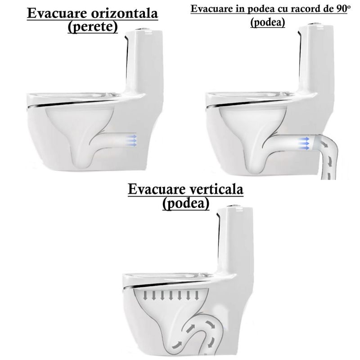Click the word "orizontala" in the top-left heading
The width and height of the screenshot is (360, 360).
point(125,13)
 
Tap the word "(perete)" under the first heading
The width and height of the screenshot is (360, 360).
point(93,27)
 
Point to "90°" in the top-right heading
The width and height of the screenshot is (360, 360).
point(342,9)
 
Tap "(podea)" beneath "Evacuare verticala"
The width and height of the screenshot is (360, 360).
point(186,203)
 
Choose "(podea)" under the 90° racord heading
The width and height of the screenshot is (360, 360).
point(268,22)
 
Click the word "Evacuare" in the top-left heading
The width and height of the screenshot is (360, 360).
point(58,13)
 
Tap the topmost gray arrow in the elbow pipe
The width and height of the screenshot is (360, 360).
point(324,144)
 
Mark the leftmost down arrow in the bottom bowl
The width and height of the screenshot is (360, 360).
point(145,296)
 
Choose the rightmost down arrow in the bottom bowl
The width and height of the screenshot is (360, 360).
point(197,296)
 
